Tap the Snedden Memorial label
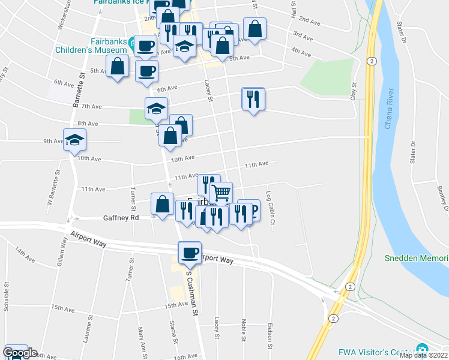416,259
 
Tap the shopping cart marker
221,193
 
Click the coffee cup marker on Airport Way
190,253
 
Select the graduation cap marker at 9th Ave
75,141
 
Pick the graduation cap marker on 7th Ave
156,110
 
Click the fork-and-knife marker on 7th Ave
253,99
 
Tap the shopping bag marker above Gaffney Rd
163,204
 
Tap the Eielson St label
271,332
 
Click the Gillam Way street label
62,252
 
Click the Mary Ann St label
142,340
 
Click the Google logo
20,353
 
